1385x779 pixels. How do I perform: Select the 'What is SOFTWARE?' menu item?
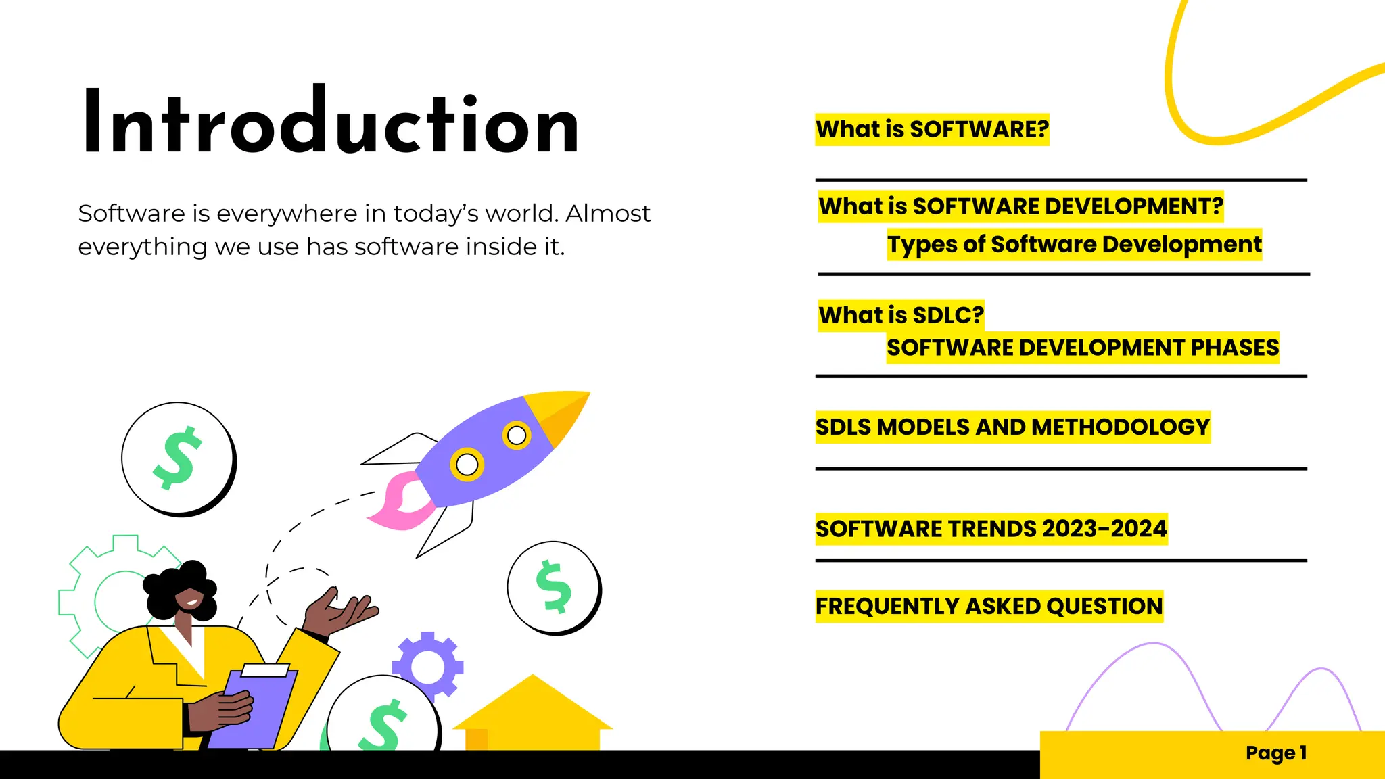coord(932,129)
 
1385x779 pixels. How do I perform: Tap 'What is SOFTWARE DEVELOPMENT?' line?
coord(1020,206)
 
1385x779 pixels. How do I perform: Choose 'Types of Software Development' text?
coord(1074,244)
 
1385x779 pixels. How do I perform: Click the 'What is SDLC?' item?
coord(901,315)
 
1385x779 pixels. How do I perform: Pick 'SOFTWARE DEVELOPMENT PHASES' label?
coord(1082,348)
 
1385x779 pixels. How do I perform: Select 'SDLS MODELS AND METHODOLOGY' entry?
coord(1012,427)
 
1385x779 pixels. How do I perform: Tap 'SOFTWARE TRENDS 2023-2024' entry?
coord(991,529)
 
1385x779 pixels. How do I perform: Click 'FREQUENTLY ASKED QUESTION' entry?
coord(989,607)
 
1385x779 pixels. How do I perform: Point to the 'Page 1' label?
coord(1275,753)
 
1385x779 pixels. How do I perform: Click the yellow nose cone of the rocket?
coord(559,414)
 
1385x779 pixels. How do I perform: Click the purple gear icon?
coord(427,666)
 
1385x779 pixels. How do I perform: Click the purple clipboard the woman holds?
coord(254,710)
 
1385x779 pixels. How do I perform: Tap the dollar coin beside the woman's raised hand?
coord(553,587)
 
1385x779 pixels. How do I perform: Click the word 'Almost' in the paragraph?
coord(607,214)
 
